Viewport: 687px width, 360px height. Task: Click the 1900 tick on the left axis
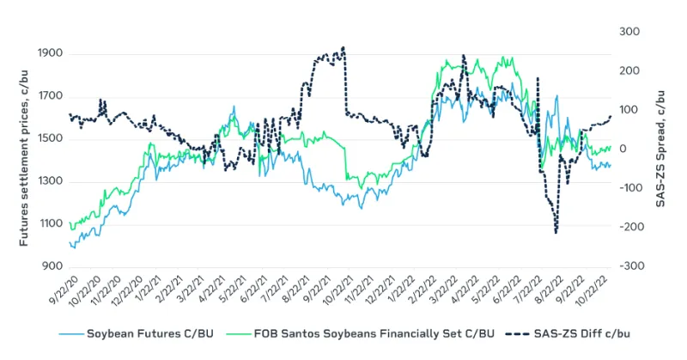point(48,53)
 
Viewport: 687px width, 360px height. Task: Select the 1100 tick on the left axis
point(48,224)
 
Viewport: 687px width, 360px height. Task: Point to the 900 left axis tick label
point(51,266)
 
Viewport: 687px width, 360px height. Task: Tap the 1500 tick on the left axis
point(48,138)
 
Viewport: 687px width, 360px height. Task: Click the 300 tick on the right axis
point(629,32)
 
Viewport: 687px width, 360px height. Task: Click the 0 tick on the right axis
point(623,149)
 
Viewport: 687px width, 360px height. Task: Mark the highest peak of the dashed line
point(343,48)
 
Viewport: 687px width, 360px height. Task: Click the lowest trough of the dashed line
point(556,232)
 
